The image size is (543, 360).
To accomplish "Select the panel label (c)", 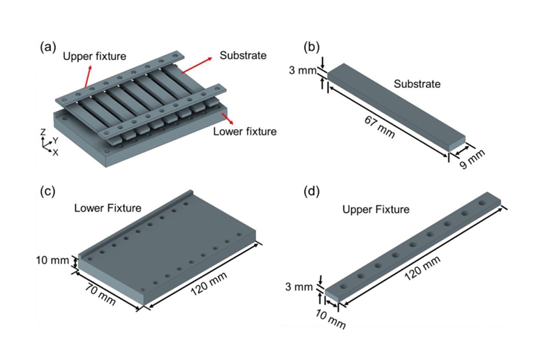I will pyautogui.click(x=50, y=190).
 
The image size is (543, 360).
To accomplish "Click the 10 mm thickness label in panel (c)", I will pyautogui.click(x=54, y=261).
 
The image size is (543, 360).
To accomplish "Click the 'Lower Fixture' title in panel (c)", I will pyautogui.click(x=108, y=207).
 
